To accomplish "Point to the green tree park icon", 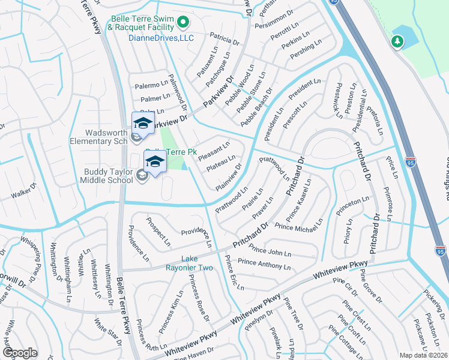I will (x=397, y=41).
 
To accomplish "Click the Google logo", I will (x=20, y=353).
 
